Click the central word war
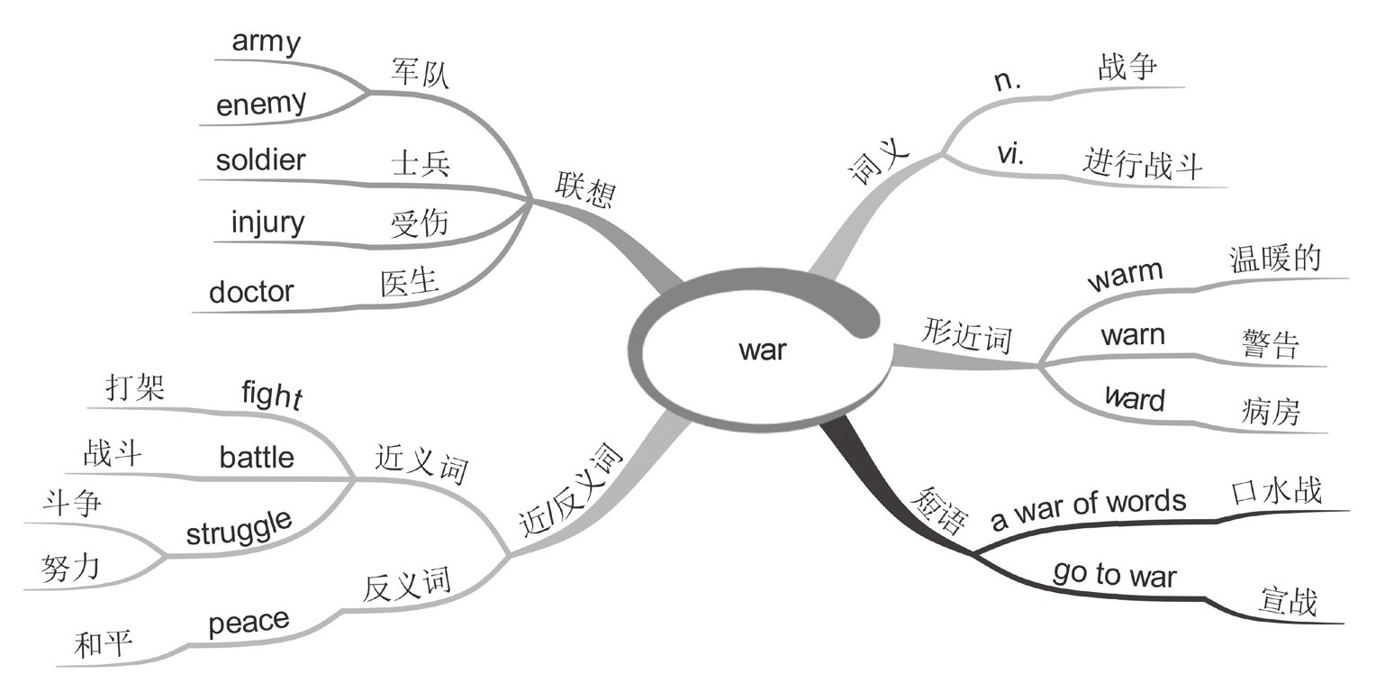click(x=762, y=350)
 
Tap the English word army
click(x=266, y=41)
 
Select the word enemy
click(x=261, y=105)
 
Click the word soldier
click(x=260, y=161)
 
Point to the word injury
click(x=267, y=223)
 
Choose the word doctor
click(x=251, y=292)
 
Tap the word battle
click(x=257, y=457)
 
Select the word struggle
click(x=239, y=528)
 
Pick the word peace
click(x=249, y=622)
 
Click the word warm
click(x=1125, y=276)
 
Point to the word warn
click(x=1133, y=336)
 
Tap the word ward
click(x=1134, y=398)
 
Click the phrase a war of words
click(x=1089, y=509)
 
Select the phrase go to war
click(x=1114, y=574)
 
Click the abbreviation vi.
click(x=1011, y=154)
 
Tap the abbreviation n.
click(x=1008, y=81)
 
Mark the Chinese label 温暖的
click(x=1275, y=260)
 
